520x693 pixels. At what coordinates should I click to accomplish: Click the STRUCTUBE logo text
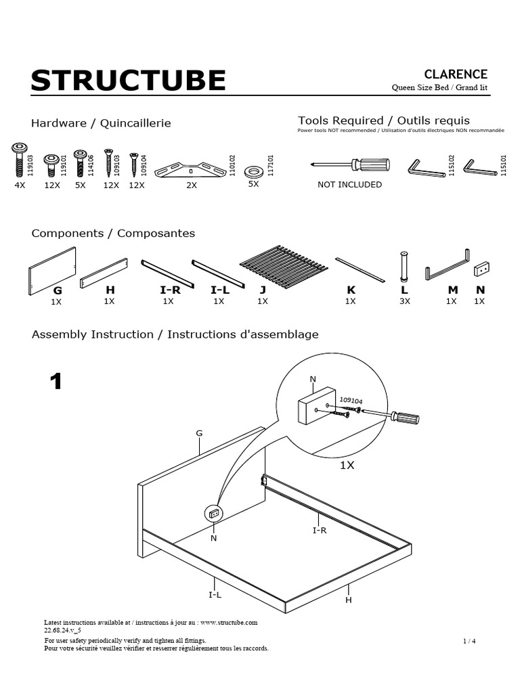click(x=128, y=81)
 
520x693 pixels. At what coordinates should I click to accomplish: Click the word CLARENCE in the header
click(x=455, y=74)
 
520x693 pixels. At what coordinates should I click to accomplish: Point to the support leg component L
click(x=404, y=266)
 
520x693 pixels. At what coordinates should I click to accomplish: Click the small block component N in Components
click(x=481, y=268)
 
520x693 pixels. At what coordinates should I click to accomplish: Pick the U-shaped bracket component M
click(x=447, y=265)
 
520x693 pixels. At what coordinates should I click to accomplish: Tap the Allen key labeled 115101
click(x=480, y=166)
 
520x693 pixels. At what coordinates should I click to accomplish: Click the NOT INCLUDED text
click(x=349, y=184)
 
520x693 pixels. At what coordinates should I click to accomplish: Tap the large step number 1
click(x=56, y=382)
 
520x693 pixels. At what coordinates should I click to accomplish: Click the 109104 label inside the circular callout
click(x=351, y=401)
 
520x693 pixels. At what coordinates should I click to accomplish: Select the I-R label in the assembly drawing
click(x=320, y=531)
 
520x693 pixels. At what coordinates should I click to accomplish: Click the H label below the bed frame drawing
click(x=349, y=600)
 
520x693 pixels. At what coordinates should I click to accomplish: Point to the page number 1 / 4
click(x=469, y=640)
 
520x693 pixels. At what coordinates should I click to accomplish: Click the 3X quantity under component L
click(x=404, y=301)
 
